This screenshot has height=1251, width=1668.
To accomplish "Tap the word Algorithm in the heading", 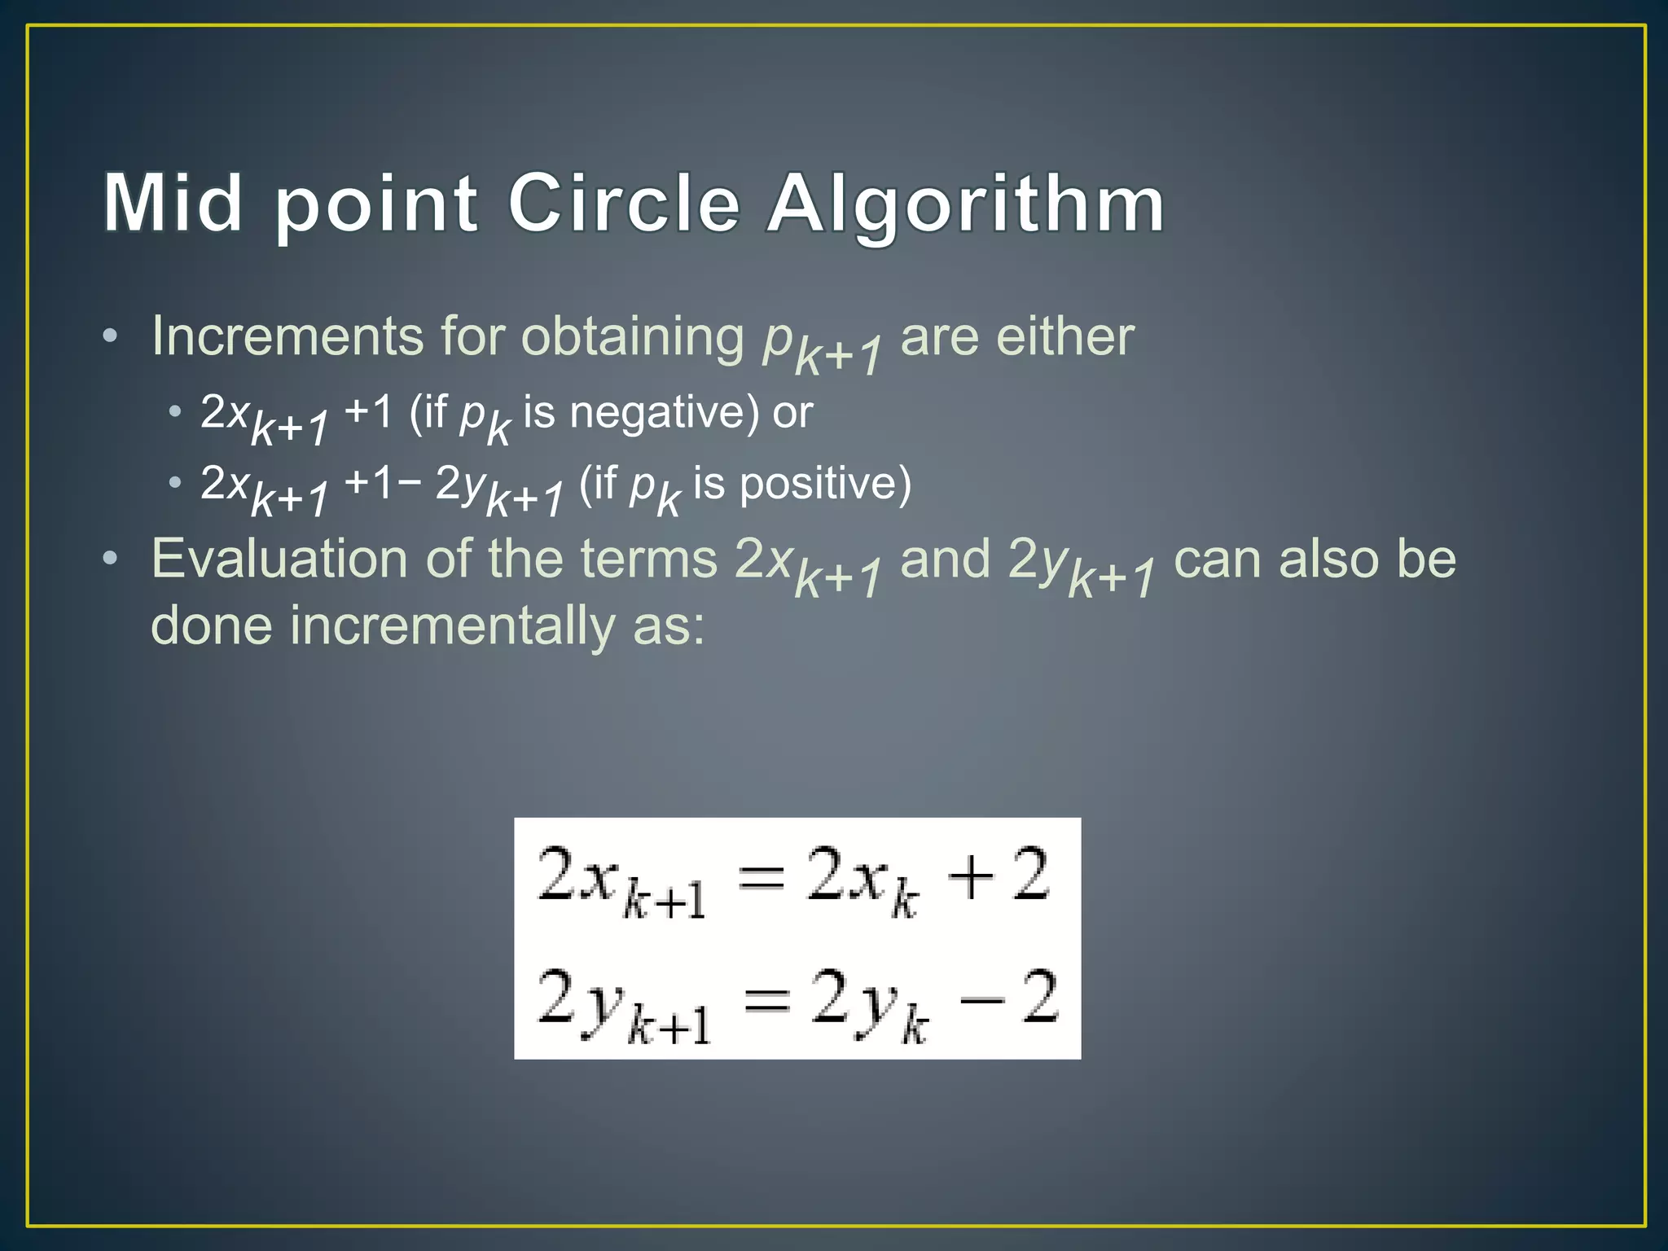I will click(966, 204).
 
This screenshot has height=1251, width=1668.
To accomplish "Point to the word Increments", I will click(288, 336).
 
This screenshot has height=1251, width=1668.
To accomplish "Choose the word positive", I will click(825, 484).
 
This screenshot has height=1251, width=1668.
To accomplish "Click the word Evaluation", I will click(277, 559).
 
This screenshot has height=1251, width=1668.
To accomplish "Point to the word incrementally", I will click(453, 625).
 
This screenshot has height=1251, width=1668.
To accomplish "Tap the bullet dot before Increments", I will click(111, 336).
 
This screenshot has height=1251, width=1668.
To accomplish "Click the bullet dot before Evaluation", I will click(111, 559).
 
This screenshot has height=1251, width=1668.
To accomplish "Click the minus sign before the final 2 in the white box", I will click(981, 999).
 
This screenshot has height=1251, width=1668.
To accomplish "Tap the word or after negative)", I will click(792, 412).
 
